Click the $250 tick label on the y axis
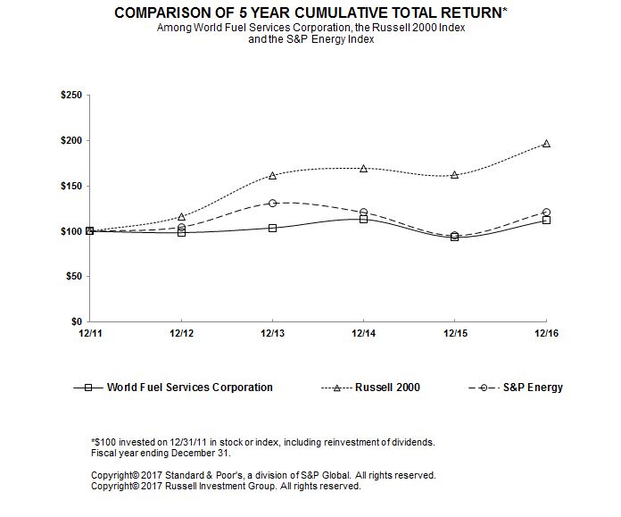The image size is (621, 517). click(x=70, y=96)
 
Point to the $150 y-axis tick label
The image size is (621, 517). click(x=70, y=186)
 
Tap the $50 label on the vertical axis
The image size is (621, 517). click(x=73, y=276)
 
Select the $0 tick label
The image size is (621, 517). click(x=77, y=321)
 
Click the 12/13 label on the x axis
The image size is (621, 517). click(x=272, y=334)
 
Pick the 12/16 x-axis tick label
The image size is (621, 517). click(x=546, y=334)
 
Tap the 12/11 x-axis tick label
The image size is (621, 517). click(x=89, y=334)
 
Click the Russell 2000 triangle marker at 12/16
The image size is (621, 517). click(x=546, y=143)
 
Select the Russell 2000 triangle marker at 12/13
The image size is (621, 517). click(x=272, y=175)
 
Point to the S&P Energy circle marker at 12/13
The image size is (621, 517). click(x=272, y=203)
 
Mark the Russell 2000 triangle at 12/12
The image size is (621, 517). click(x=182, y=217)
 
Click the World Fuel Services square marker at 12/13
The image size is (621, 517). click(x=272, y=228)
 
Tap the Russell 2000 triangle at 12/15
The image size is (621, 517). click(x=455, y=175)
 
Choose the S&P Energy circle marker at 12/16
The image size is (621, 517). click(x=546, y=212)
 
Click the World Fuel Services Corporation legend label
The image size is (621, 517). click(x=189, y=388)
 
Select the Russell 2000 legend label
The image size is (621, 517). click(x=388, y=388)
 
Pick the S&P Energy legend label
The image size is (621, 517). click(x=532, y=388)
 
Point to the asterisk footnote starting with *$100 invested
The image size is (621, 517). click(x=262, y=442)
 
